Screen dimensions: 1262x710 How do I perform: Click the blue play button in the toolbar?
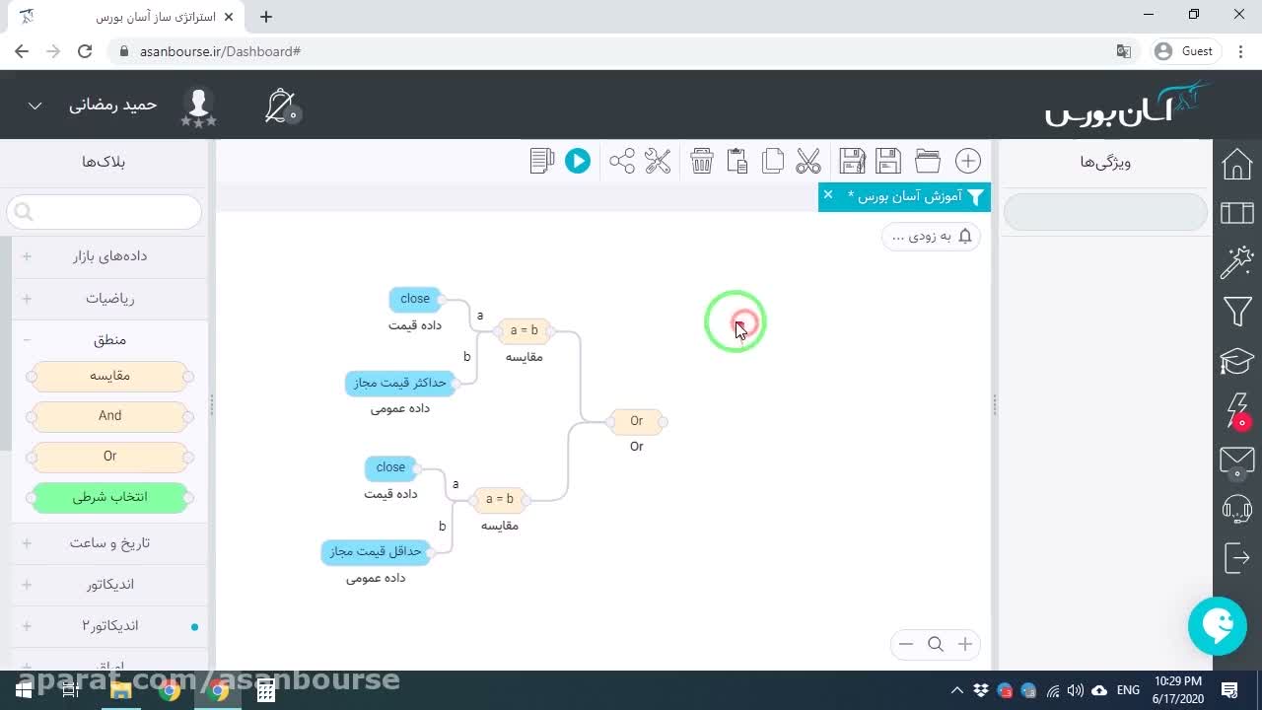[x=578, y=161]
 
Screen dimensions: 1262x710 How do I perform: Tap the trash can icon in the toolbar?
[x=701, y=161]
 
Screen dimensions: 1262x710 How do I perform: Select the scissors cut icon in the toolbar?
[x=808, y=161]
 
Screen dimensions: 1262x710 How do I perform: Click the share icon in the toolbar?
[x=621, y=161]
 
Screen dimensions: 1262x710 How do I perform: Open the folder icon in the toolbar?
[x=928, y=161]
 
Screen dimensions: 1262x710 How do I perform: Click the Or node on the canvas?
[x=637, y=421]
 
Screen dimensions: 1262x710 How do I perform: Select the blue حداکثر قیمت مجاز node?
[x=399, y=384]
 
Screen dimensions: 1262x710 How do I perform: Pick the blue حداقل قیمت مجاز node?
[x=376, y=551]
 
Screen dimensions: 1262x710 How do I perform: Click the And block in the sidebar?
[x=109, y=416]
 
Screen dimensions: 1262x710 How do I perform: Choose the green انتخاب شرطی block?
[x=109, y=497]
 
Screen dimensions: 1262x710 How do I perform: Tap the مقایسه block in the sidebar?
[x=109, y=376]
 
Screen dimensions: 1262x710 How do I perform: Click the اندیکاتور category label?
[x=109, y=585]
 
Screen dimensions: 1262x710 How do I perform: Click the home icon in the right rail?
[x=1236, y=164]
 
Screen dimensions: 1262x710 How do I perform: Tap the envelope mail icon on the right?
[x=1237, y=461]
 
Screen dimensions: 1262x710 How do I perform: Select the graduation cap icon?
[x=1237, y=361]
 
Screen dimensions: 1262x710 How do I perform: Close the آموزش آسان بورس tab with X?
[x=827, y=195]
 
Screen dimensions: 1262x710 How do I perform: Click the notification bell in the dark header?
[x=280, y=106]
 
